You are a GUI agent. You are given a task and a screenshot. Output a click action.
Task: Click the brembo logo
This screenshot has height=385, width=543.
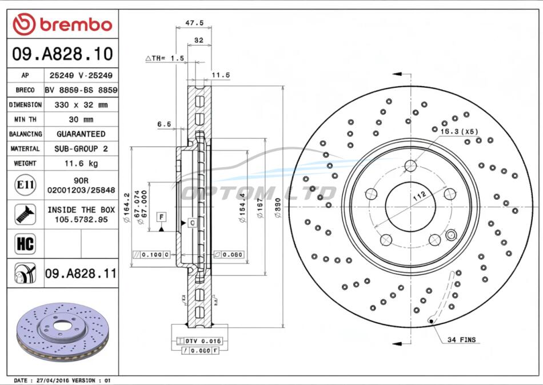(62, 25)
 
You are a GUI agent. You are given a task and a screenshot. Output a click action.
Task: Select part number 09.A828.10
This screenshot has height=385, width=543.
(62, 54)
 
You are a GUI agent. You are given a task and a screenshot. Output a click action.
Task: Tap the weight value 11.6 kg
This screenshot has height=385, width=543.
(81, 164)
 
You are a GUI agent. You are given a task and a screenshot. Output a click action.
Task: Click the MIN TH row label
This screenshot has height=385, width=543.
(25, 120)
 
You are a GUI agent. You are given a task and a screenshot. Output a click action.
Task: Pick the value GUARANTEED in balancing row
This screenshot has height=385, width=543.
(81, 134)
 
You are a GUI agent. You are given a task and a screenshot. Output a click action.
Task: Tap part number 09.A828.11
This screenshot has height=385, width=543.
(81, 274)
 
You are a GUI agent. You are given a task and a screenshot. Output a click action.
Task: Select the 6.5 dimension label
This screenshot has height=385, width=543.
(164, 124)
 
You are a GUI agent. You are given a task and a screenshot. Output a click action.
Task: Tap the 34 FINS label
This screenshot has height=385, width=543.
(461, 340)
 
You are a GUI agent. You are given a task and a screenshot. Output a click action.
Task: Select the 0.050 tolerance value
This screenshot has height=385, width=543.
(233, 254)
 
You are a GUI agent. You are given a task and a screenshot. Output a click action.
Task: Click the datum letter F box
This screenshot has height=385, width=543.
(162, 217)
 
